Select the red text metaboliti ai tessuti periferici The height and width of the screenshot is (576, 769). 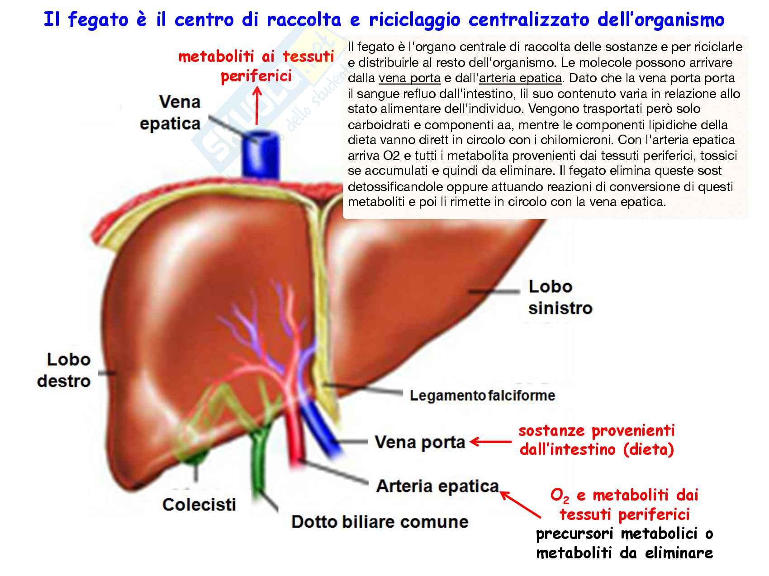coord(256,66)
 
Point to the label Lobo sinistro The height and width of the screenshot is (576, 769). coord(560,297)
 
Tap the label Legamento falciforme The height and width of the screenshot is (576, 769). coord(482,396)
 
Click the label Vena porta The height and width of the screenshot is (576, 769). coord(420,442)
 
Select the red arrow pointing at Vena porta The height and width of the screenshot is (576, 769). coord(491,441)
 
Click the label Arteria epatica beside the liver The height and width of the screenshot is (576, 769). coord(437,486)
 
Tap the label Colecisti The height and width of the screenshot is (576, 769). coord(199,505)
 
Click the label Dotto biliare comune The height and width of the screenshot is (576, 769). coord(380,522)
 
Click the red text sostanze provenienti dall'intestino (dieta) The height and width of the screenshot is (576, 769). coord(597,440)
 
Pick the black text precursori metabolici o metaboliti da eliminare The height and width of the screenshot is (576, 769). coord(624,543)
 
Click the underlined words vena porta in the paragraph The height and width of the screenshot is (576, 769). coord(409,78)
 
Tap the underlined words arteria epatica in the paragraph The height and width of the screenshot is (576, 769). coord(520,78)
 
